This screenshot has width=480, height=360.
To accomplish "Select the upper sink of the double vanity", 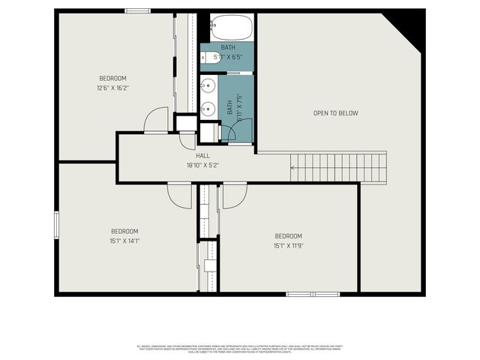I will pos(207,85).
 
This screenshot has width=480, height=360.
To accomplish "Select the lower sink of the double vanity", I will pos(207,107).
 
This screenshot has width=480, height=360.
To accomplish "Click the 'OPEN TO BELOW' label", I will pos(335,113).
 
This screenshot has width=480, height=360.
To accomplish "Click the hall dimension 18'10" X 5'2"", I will pos(202,165).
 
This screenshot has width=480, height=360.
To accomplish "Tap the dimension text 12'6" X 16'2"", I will pos(113,87).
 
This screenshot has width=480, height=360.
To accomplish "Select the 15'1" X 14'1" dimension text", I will pos(124,240).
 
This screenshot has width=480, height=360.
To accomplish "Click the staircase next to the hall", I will pos(339,166).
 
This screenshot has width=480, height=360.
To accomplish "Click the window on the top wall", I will pos(138,10).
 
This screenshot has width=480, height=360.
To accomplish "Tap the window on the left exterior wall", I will pos(56,224).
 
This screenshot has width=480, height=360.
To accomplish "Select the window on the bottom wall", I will pos(313,294).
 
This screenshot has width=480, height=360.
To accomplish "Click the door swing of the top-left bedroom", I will pos(157,120).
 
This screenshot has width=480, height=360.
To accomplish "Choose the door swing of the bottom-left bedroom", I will pos(180,195).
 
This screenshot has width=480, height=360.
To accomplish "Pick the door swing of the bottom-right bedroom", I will pos(235,194).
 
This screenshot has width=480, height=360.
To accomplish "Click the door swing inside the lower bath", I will pos(241,132).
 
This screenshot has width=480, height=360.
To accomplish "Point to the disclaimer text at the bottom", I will pos(239,349).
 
